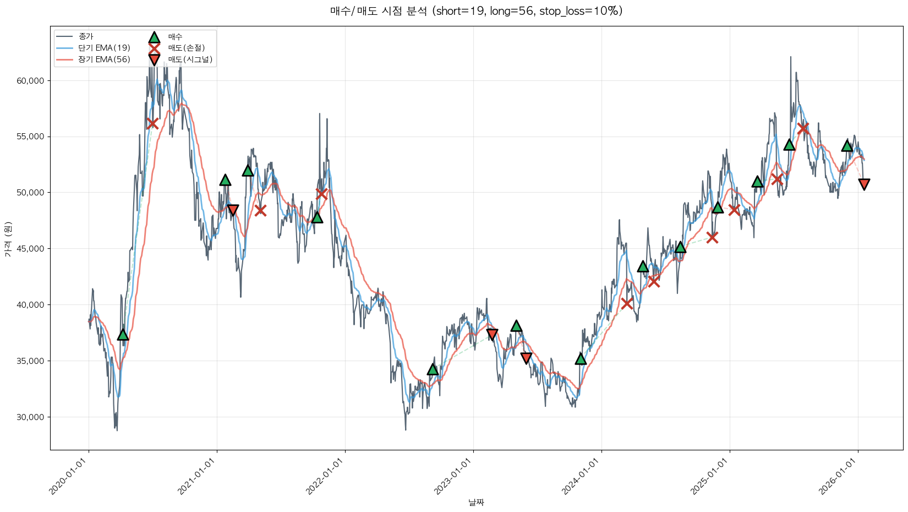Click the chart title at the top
[x=476, y=11]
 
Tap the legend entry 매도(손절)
[x=186, y=48]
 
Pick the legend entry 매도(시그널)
[x=190, y=59]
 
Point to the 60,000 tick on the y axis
[x=30, y=81]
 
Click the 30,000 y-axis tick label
[x=30, y=417]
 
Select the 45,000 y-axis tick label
[x=30, y=249]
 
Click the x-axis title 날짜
[x=476, y=502]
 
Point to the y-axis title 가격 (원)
[x=8, y=239]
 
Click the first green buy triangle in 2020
[x=123, y=335]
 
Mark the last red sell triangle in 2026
[x=864, y=184]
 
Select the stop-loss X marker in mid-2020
[x=152, y=123]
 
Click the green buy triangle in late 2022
[x=433, y=369]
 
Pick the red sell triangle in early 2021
[x=233, y=210]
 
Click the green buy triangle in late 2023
[x=581, y=359]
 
